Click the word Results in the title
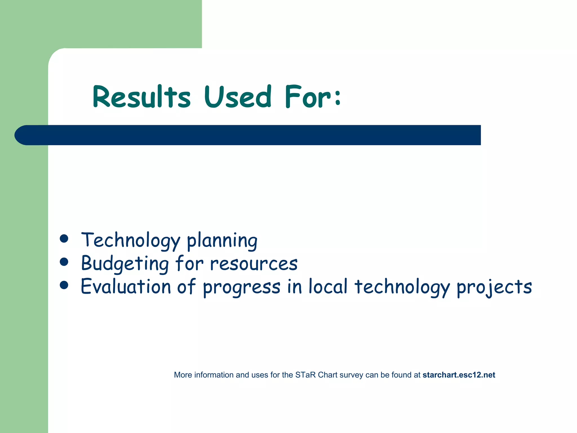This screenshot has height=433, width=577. tap(142, 97)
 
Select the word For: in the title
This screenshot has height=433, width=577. tap(313, 97)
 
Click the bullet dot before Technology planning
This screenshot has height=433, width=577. tap(64, 238)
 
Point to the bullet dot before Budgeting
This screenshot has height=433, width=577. tap(64, 262)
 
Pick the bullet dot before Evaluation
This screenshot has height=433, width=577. tap(64, 285)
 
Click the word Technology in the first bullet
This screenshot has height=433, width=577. tap(130, 240)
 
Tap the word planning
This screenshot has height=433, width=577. tap(222, 240)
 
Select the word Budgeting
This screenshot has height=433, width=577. tap(125, 264)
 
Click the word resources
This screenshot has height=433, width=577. tap(254, 264)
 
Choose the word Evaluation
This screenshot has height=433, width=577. tap(126, 287)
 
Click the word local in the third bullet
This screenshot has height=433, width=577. tap(328, 287)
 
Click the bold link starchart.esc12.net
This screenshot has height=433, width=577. tap(459, 375)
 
